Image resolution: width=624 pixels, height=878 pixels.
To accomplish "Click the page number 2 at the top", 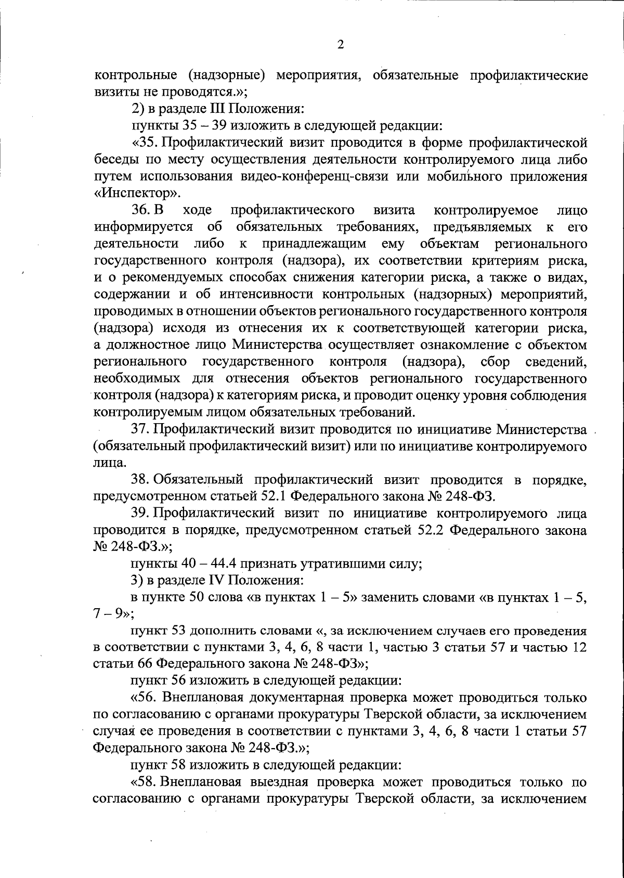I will [x=340, y=45].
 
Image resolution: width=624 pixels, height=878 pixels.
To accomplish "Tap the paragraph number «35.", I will [x=144, y=143].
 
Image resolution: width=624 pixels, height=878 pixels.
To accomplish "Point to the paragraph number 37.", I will [x=141, y=429].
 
